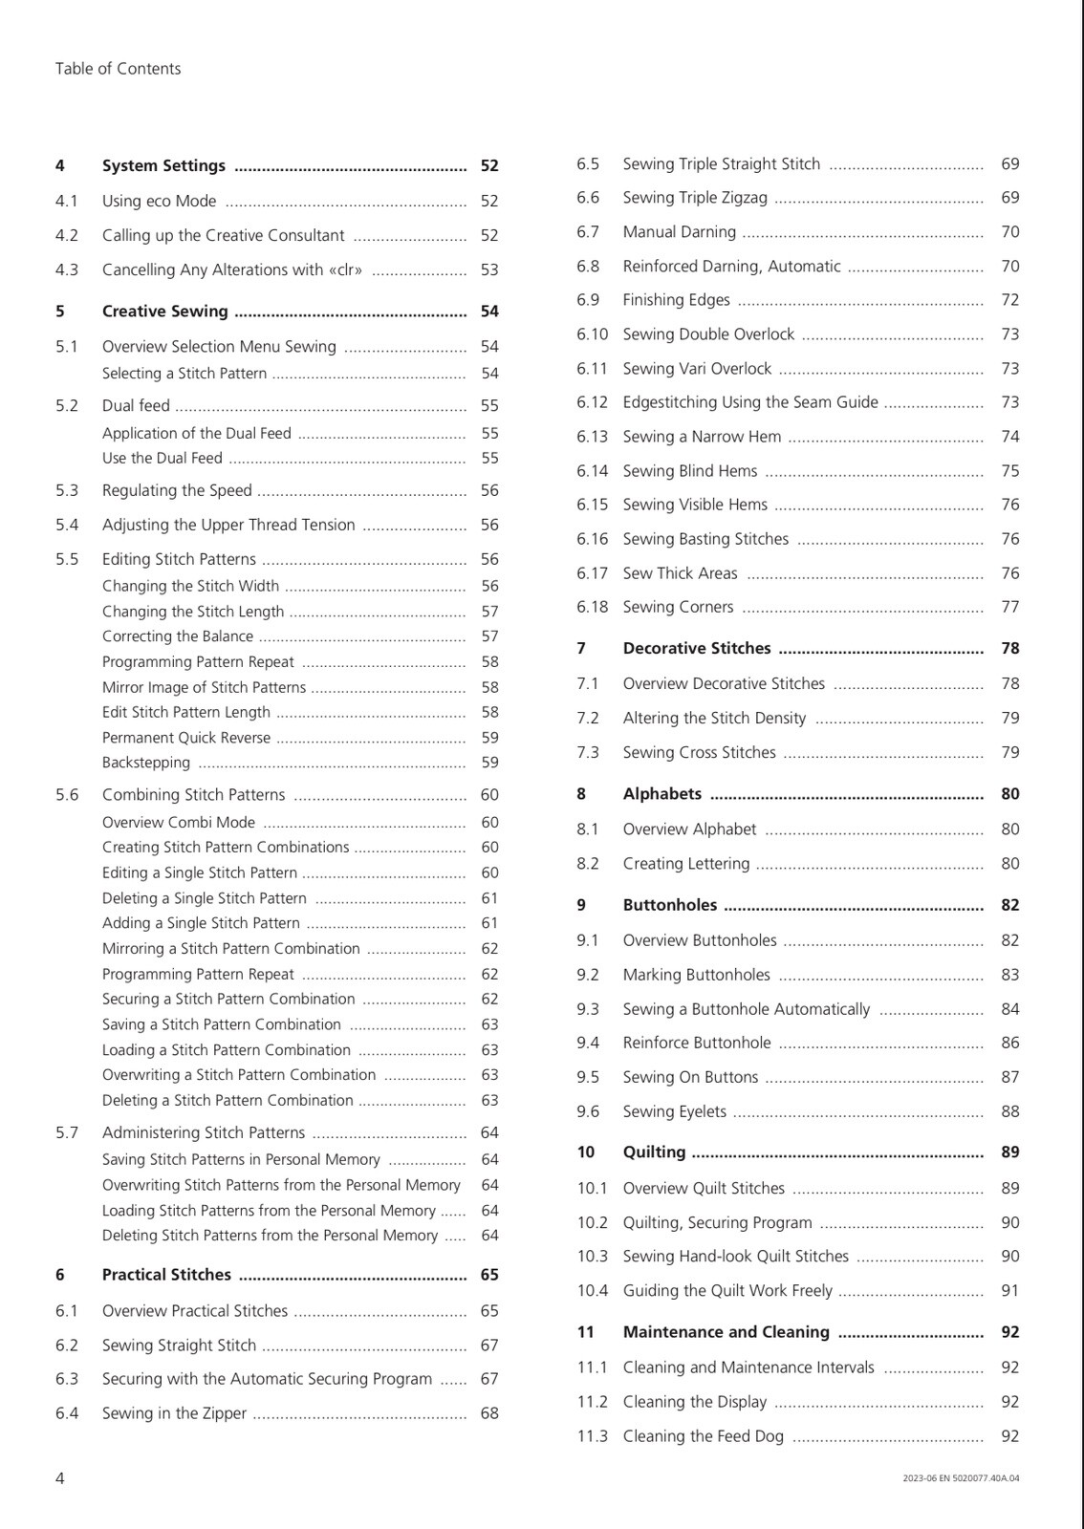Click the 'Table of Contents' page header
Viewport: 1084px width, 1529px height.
[118, 69]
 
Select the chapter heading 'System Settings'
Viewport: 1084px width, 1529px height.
[163, 166]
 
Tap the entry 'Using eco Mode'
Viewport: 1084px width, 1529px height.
[159, 202]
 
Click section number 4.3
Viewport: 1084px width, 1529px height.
[67, 270]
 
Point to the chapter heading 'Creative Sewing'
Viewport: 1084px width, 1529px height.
[164, 312]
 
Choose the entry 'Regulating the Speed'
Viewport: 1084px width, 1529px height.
[177, 491]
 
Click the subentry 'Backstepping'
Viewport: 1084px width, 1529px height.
[146, 763]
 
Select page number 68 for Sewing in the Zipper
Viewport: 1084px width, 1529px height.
[489, 1413]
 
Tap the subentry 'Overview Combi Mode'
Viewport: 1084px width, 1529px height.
[179, 823]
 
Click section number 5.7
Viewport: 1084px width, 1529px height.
[67, 1133]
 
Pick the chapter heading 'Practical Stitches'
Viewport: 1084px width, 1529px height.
[166, 1275]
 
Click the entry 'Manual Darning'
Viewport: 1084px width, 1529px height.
[679, 232]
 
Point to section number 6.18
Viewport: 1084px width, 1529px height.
[592, 608]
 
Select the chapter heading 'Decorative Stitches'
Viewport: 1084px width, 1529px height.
[696, 649]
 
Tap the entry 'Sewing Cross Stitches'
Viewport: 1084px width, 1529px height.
[699, 753]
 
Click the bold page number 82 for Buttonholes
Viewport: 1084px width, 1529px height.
[1009, 906]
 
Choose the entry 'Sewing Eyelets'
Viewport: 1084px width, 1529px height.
[674, 1112]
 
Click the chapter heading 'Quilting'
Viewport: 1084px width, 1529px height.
[654, 1152]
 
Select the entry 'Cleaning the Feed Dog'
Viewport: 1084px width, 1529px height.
[703, 1436]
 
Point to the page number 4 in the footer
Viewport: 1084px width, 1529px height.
[60, 1478]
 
